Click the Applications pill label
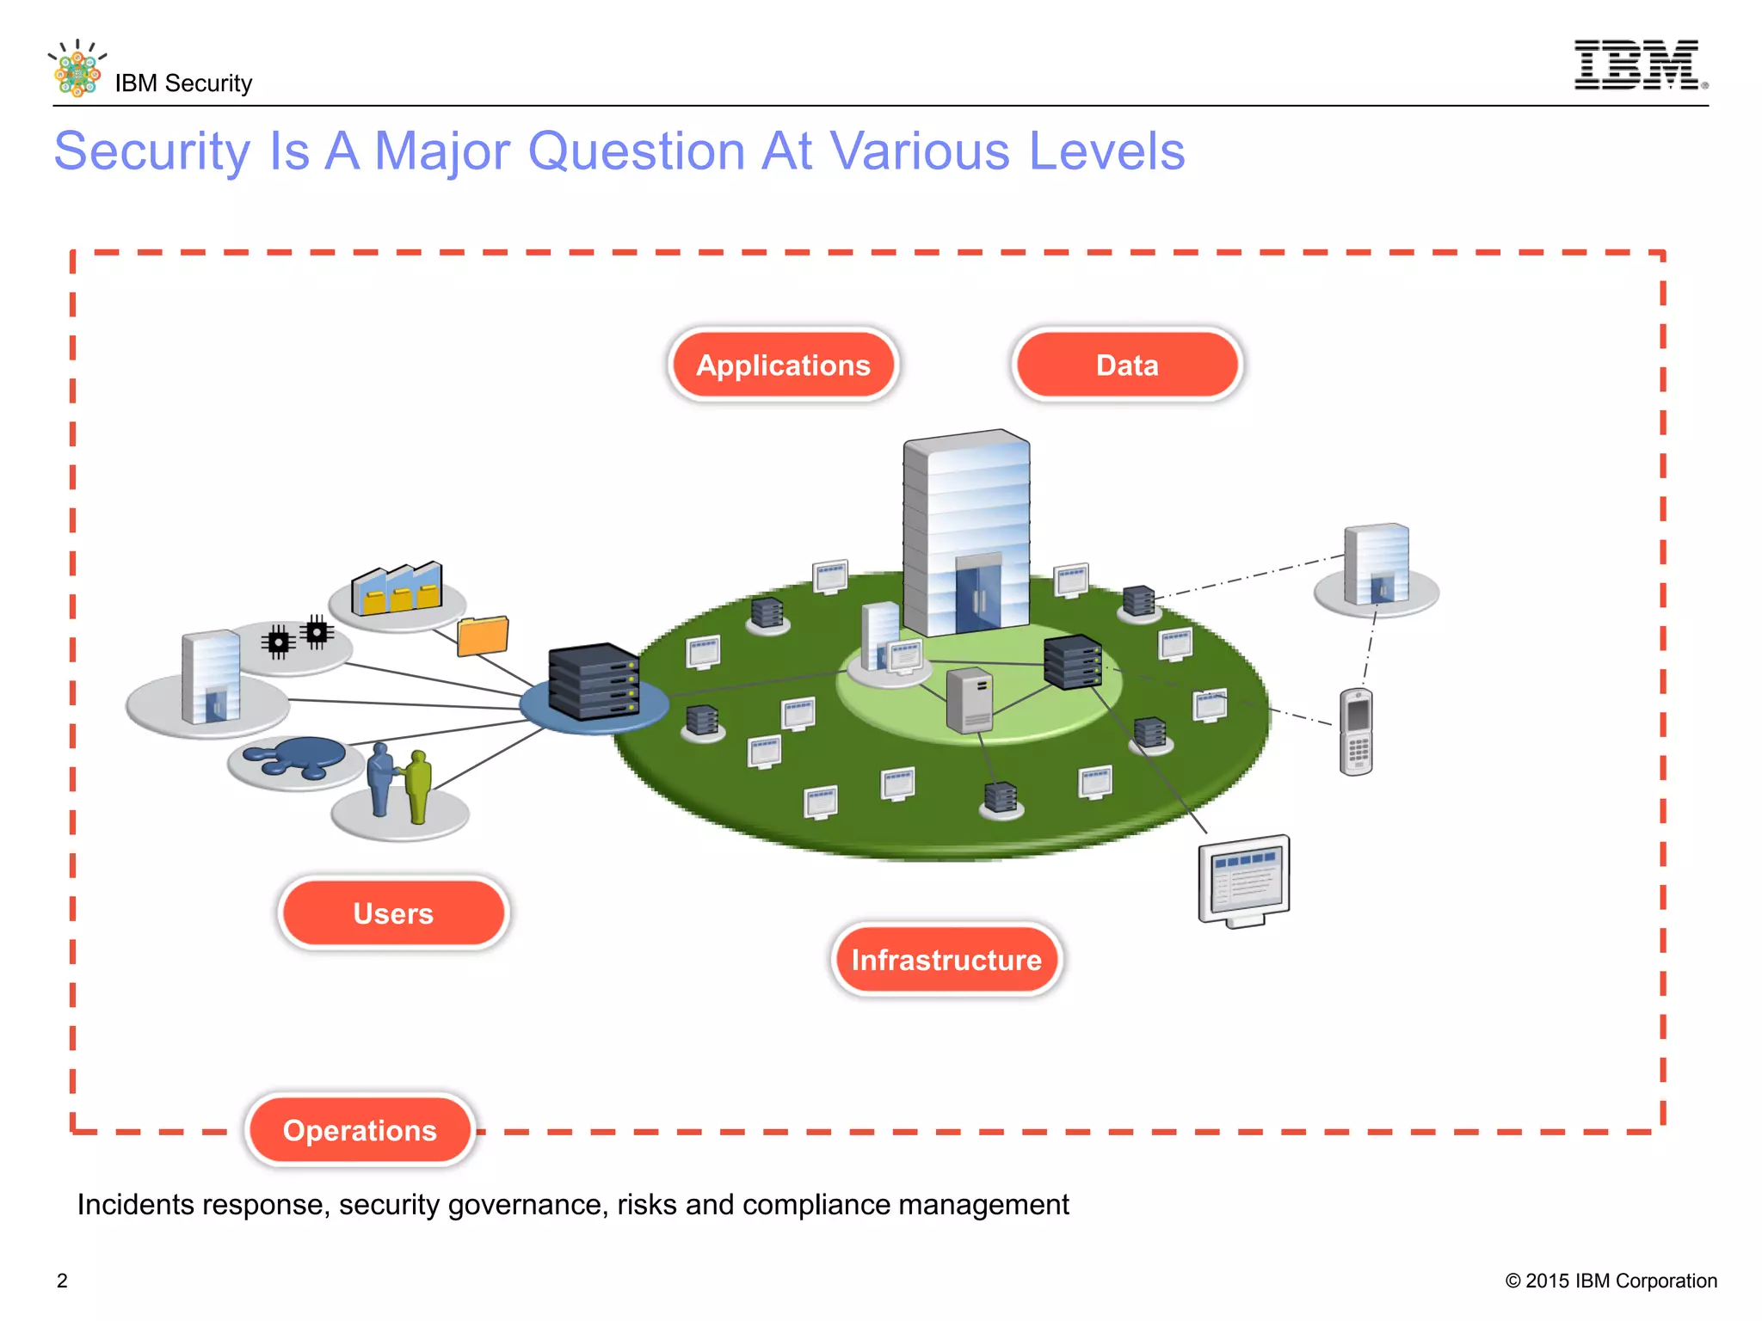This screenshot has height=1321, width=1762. tap(783, 365)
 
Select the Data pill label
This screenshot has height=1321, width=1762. tap(1127, 365)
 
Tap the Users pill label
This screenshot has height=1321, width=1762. tap(393, 913)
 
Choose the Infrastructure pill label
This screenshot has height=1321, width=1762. tap(946, 960)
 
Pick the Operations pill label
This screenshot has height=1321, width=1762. tap(360, 1130)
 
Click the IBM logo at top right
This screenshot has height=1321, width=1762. tap(1637, 65)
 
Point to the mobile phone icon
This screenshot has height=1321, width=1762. tap(1356, 732)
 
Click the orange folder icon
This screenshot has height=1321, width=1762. tap(483, 636)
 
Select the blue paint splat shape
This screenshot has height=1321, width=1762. tap(297, 758)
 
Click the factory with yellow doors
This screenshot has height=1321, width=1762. tap(397, 589)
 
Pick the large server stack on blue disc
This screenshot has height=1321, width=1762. tap(594, 681)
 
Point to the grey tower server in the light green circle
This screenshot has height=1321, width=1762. tap(970, 700)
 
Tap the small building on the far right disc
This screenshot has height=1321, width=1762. tap(1377, 564)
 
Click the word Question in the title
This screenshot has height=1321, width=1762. tap(637, 151)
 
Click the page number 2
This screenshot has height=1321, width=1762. tap(62, 1281)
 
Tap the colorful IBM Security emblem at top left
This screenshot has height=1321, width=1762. tap(77, 69)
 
